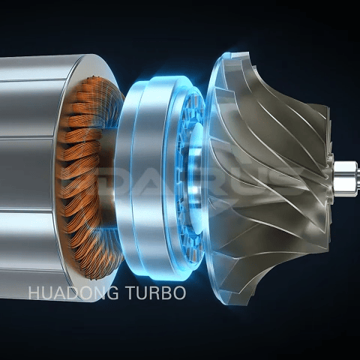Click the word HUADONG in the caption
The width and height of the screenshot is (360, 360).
(x=73, y=292)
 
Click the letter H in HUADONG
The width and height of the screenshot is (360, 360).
(x=34, y=292)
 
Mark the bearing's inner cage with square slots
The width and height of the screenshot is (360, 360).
(x=187, y=172)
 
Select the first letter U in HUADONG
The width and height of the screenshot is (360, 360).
(x=47, y=292)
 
